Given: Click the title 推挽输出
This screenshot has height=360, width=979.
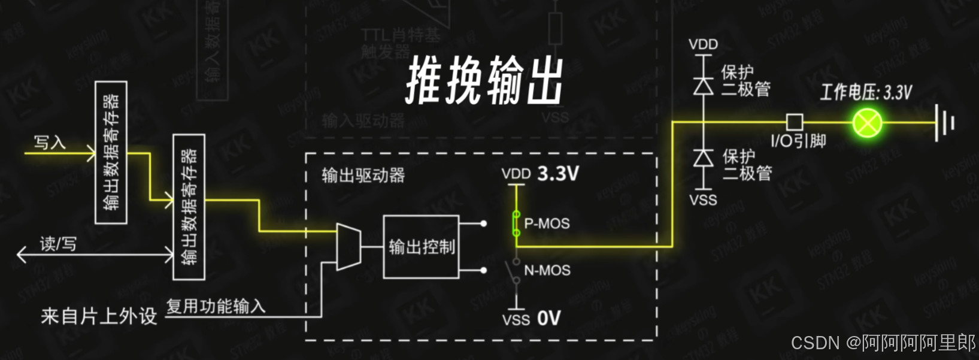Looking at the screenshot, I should [485, 81].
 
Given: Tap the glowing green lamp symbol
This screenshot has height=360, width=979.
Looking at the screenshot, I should [867, 123].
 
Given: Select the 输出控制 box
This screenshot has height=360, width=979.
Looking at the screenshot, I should [421, 247].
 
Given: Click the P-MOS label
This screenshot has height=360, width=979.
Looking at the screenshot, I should [547, 223].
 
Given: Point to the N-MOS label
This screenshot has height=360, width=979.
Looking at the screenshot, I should [547, 271].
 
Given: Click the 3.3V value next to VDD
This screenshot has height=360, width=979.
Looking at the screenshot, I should [558, 174].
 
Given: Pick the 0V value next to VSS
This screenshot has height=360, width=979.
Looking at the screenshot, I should [548, 318].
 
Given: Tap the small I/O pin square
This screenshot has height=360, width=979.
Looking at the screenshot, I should [795, 122].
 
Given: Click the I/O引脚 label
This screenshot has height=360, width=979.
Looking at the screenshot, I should [798, 141].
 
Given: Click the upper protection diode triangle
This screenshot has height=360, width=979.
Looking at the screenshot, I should [703, 86].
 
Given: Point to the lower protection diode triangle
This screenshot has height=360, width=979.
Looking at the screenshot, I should [703, 158].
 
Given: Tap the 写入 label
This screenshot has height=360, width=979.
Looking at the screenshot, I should [50, 143].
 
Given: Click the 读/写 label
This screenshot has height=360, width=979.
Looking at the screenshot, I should [58, 244].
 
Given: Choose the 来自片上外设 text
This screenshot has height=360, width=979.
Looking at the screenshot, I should [99, 316].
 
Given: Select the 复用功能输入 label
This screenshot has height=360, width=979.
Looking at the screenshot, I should [216, 306].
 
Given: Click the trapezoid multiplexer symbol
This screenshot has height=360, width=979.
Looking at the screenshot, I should [348, 247].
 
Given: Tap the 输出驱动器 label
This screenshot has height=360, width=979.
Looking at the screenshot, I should [363, 176].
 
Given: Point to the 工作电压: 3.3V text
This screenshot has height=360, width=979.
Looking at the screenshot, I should [866, 92].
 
